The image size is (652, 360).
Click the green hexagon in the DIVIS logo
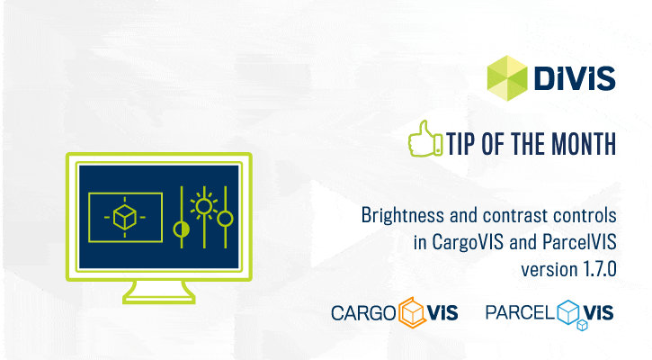[x=507, y=78]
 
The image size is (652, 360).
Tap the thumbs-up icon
[x=425, y=139]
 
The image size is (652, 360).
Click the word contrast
[x=514, y=216]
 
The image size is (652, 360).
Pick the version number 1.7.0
[x=600, y=269]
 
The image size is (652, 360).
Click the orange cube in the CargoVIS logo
[x=412, y=312]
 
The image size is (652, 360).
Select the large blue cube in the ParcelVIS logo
[x=568, y=311]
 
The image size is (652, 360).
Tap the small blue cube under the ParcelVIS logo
[x=582, y=325]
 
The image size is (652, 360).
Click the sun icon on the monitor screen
[x=204, y=206]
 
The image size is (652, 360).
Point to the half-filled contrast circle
[x=182, y=229]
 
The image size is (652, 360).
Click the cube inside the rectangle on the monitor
[x=125, y=217]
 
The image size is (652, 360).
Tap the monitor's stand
[x=159, y=292]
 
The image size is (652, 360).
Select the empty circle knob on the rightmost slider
[x=226, y=219]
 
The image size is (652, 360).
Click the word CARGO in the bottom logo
[x=363, y=313]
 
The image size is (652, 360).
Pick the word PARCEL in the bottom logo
[x=520, y=312]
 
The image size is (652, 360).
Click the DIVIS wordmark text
[x=575, y=77]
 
